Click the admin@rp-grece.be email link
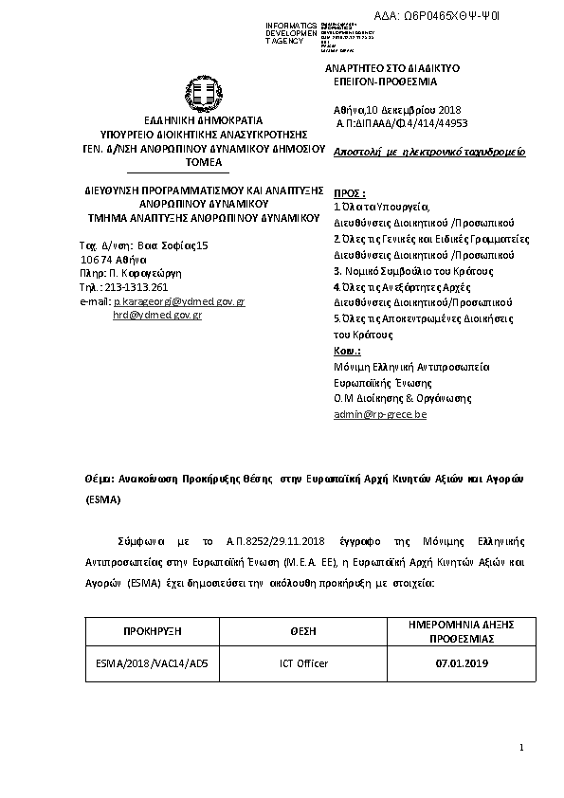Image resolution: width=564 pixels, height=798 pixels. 380,414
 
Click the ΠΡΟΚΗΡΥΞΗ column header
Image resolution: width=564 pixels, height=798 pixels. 153,630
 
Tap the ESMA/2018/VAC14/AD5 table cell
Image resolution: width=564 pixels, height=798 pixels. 153,663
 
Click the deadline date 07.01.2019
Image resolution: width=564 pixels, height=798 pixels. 455,663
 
